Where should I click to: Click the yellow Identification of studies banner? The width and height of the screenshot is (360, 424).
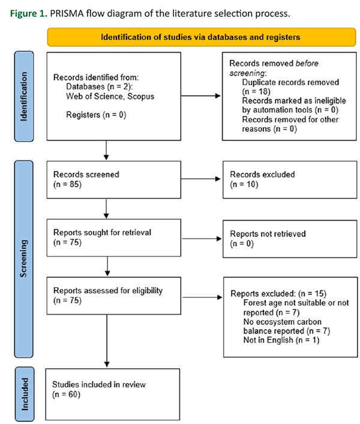click(202, 37)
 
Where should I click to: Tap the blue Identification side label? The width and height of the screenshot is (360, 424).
click(24, 97)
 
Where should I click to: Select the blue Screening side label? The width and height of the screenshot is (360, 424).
click(24, 259)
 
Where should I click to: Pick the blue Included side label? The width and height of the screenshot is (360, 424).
click(25, 393)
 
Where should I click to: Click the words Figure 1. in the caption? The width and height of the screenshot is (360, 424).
click(29, 14)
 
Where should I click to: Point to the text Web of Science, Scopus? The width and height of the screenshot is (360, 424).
click(110, 97)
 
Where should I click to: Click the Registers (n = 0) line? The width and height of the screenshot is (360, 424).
click(96, 115)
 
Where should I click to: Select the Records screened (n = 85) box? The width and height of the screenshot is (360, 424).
click(114, 180)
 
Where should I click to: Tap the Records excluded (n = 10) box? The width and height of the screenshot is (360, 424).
click(290, 180)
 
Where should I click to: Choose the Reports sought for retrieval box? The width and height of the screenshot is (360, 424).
click(114, 237)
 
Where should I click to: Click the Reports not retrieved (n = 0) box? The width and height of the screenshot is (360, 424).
click(290, 239)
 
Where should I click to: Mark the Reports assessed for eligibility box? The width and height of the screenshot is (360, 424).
click(114, 296)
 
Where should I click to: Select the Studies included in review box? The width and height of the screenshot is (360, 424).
click(113, 394)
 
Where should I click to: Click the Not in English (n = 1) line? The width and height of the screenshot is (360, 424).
click(281, 340)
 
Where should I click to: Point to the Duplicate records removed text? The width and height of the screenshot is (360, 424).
click(290, 82)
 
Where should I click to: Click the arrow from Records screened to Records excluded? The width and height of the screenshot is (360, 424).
click(200, 179)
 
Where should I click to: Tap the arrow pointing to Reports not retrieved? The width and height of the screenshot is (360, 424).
click(202, 239)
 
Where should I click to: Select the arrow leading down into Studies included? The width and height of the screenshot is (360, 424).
click(107, 341)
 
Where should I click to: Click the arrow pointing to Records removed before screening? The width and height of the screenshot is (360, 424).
click(200, 96)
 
